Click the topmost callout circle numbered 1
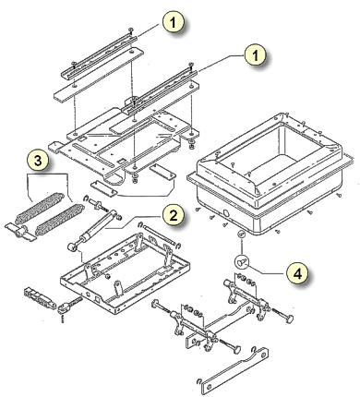pyautogui.click(x=174, y=22)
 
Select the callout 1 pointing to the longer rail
pyautogui.click(x=255, y=55)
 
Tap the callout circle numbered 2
pyautogui.click(x=174, y=215)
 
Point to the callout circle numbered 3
pyautogui.click(x=38, y=161)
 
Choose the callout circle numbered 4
pyautogui.click(x=297, y=272)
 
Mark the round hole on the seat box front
pyautogui.click(x=226, y=213)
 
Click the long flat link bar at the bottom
pyautogui.click(x=234, y=370)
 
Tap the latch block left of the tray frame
pyautogui.click(x=40, y=297)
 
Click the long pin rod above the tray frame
pyautogui.click(x=160, y=235)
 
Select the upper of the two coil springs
pyautogui.click(x=40, y=208)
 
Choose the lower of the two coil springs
pyautogui.click(x=59, y=220)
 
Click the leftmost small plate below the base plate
pyautogui.click(x=104, y=189)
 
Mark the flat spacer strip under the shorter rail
pyautogui.click(x=99, y=74)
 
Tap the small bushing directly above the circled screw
pyautogui.click(x=242, y=235)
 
